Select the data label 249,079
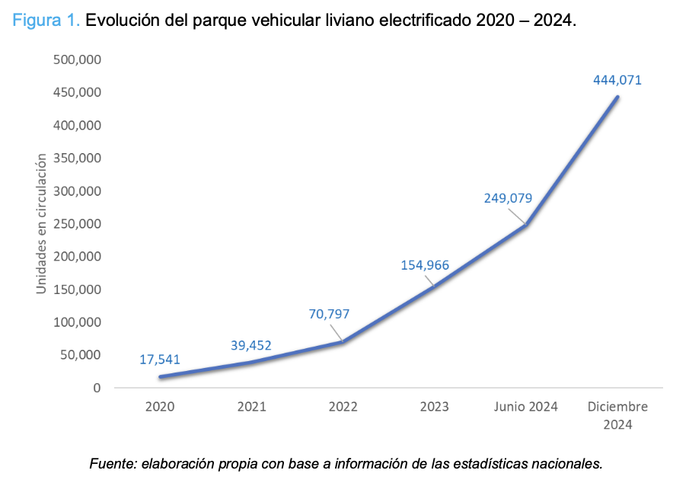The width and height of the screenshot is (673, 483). [x=508, y=198]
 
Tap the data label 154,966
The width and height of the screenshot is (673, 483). [x=425, y=265]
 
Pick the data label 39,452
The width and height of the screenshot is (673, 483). [x=250, y=346]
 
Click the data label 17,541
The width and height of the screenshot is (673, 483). [x=160, y=360]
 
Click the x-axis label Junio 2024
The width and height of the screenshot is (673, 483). [x=526, y=407]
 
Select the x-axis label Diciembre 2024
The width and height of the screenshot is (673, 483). [x=617, y=415]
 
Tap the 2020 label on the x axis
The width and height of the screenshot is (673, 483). [x=160, y=407]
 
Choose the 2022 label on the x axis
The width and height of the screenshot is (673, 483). [x=343, y=407]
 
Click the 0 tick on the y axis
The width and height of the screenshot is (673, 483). [x=97, y=388]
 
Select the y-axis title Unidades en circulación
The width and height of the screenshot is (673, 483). [x=42, y=223]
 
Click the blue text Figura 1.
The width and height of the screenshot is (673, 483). [x=45, y=21]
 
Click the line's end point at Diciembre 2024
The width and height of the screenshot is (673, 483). [x=617, y=97]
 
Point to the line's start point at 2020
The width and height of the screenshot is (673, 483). [x=160, y=376]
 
